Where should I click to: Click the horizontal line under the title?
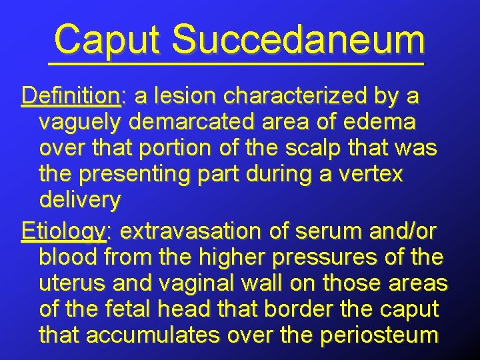coord(236,63)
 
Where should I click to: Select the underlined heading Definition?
coord(70,97)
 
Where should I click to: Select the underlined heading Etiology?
coord(63,231)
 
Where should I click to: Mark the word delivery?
coord(80,199)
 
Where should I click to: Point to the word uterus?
coord(73,283)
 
